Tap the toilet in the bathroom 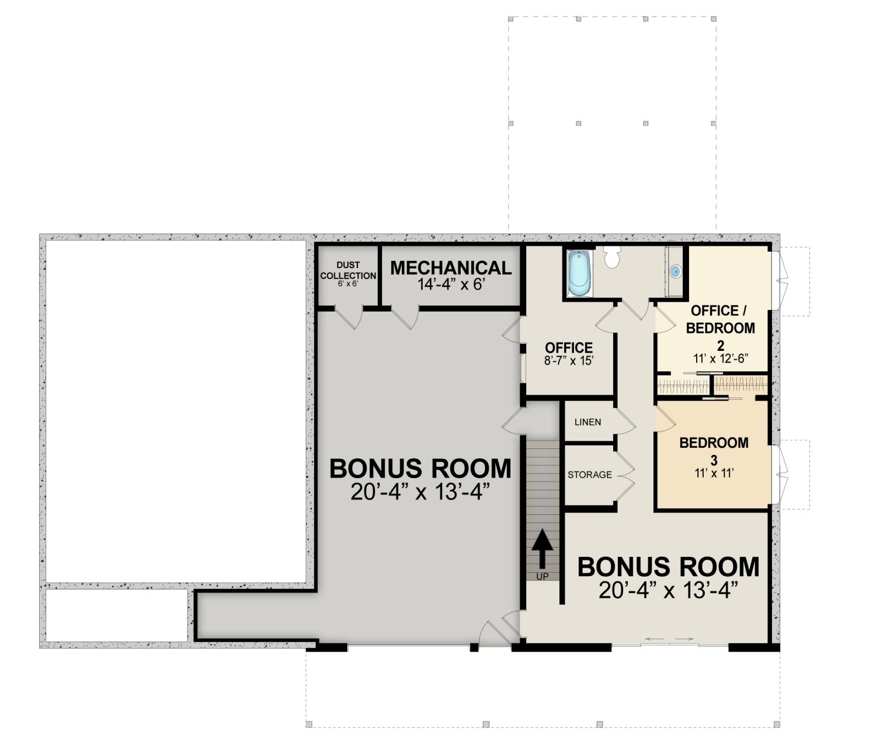(612, 256)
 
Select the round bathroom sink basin (676, 271)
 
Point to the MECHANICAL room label (451, 268)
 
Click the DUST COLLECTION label (348, 270)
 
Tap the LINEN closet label (588, 422)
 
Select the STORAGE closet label (589, 475)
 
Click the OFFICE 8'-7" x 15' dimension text (569, 361)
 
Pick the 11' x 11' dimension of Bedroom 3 (714, 473)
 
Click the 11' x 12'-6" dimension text (721, 358)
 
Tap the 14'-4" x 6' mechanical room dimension (451, 284)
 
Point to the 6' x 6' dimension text (348, 284)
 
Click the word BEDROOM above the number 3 (714, 443)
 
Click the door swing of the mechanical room (406, 318)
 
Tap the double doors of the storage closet (624, 475)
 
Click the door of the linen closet (625, 422)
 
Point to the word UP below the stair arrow (542, 576)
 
